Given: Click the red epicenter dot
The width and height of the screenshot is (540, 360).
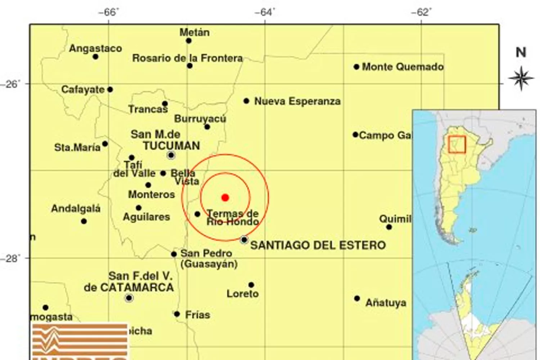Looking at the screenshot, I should click(225, 197).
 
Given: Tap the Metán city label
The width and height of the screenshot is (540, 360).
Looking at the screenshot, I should click(194, 32).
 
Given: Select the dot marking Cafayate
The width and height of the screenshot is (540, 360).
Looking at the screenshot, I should click(110, 90).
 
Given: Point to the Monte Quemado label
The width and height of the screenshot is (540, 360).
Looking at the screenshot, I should click(402, 67).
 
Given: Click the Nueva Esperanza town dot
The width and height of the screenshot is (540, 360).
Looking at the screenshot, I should click(246, 101).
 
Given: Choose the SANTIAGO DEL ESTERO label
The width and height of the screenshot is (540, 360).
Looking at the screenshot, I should click(318, 246).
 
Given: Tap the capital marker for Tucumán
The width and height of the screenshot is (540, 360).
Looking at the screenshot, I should click(171, 156).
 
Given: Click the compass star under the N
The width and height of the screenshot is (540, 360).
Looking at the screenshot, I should click(521, 78).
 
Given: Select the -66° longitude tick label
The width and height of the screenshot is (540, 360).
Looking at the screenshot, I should click(108, 12).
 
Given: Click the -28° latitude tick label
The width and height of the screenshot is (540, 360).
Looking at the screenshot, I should click(11, 258).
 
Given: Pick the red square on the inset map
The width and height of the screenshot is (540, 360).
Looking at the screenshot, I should click(457, 144).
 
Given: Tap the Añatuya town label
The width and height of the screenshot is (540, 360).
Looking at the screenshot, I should click(386, 303).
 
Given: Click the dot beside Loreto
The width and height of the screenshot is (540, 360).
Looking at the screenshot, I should click(251, 285).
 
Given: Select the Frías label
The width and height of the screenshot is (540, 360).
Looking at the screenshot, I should click(197, 315).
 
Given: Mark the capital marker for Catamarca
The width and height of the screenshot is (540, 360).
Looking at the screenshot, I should click(129, 298).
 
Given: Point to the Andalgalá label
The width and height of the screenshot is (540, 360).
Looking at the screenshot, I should click(76, 208).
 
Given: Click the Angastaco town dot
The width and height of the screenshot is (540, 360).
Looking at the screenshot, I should click(95, 57).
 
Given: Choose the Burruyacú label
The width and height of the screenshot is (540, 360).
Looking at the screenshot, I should click(200, 119).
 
